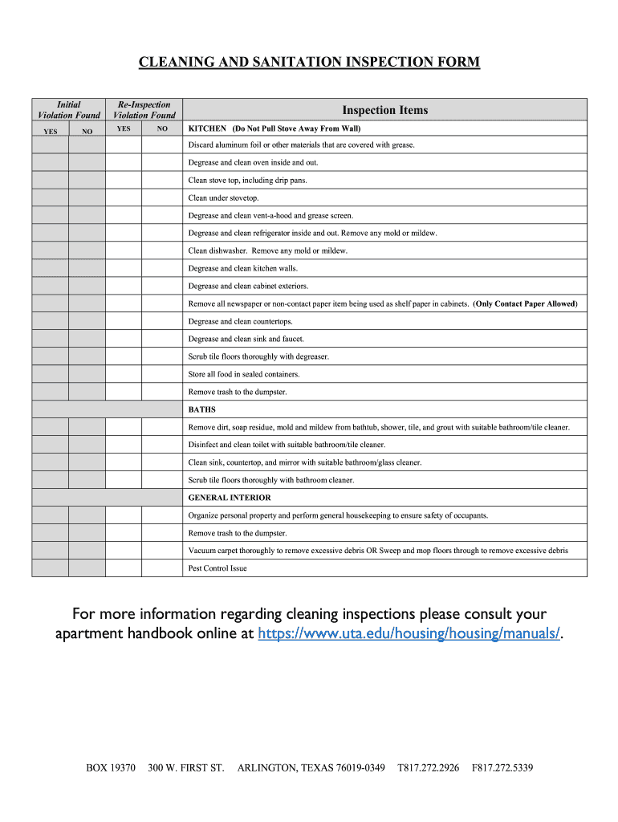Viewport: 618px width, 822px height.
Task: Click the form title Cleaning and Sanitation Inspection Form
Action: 309,63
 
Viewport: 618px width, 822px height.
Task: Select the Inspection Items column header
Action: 384,110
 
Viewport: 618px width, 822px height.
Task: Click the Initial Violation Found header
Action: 68,110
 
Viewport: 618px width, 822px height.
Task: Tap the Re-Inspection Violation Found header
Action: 144,110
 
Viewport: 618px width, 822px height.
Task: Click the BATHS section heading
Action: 201,409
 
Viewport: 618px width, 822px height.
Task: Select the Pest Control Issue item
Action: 218,568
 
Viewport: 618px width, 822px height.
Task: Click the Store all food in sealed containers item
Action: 244,374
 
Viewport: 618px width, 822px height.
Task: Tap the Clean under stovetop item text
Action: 224,197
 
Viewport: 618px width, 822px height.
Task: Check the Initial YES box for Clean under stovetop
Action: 50,197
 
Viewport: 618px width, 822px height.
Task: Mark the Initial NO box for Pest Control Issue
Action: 87,568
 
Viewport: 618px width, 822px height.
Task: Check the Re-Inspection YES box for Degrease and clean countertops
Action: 124,321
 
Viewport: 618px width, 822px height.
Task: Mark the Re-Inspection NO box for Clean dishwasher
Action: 162,250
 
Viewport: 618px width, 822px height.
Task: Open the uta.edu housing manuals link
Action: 409,634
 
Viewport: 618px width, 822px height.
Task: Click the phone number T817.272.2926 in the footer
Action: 429,768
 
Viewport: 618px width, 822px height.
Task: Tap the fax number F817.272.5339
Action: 502,768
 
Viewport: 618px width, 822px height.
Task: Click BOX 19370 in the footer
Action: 111,768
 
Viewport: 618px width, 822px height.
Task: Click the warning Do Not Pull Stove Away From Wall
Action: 296,128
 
